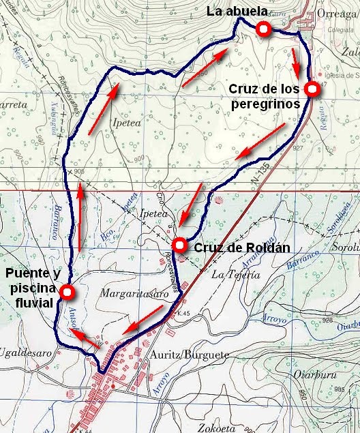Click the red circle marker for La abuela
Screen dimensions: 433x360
point(262,29)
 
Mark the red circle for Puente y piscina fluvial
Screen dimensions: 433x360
point(67,293)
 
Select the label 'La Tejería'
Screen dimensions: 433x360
point(236,275)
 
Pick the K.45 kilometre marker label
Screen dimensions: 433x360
point(179,313)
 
